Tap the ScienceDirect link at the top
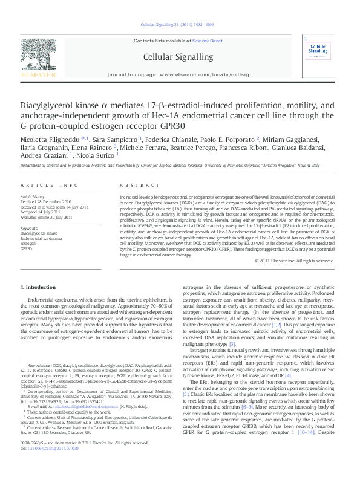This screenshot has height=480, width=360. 208,41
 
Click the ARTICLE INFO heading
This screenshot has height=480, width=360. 50,184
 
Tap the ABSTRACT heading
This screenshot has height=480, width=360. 134,184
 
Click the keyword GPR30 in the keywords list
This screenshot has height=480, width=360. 26,248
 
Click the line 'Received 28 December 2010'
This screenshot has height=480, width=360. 46,202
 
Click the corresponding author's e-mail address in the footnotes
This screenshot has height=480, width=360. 79,425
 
